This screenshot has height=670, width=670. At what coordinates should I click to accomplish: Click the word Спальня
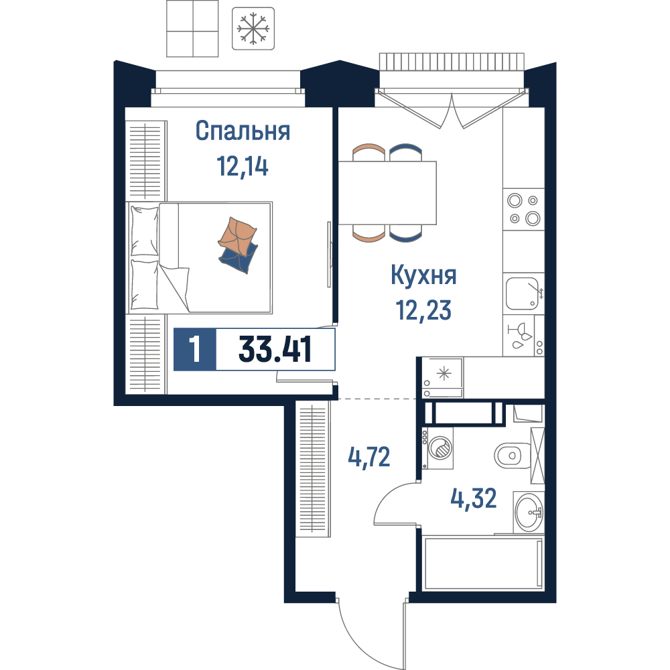pos(243,131)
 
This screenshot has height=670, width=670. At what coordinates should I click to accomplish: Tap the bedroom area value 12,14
pos(243,166)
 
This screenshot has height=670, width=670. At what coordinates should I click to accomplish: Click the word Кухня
pos(423,275)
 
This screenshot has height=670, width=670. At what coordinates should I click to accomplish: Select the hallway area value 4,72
pos(369,457)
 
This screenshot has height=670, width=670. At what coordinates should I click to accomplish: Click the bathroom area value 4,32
pos(474,498)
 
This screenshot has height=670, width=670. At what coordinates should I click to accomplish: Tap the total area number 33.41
pos(275,349)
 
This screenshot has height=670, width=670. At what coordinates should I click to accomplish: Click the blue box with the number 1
pos(195,349)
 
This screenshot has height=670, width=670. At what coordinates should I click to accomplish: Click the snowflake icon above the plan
pos(253,29)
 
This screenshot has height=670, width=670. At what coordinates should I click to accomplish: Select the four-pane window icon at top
pos(192,29)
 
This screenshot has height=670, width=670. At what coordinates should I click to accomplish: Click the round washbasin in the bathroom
pos(529,512)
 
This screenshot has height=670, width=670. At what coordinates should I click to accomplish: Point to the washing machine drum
pos(440,449)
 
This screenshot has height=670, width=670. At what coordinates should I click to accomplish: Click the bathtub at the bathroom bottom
pos(483,563)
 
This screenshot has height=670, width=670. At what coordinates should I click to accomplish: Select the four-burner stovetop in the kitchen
pos(524,209)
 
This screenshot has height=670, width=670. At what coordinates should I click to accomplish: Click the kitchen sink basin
pos(523,293)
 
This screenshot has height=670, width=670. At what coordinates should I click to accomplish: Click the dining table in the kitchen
pos(387,193)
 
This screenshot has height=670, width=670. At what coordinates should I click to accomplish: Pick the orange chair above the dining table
pos(369,151)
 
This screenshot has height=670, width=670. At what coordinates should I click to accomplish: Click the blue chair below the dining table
pos(406,233)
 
